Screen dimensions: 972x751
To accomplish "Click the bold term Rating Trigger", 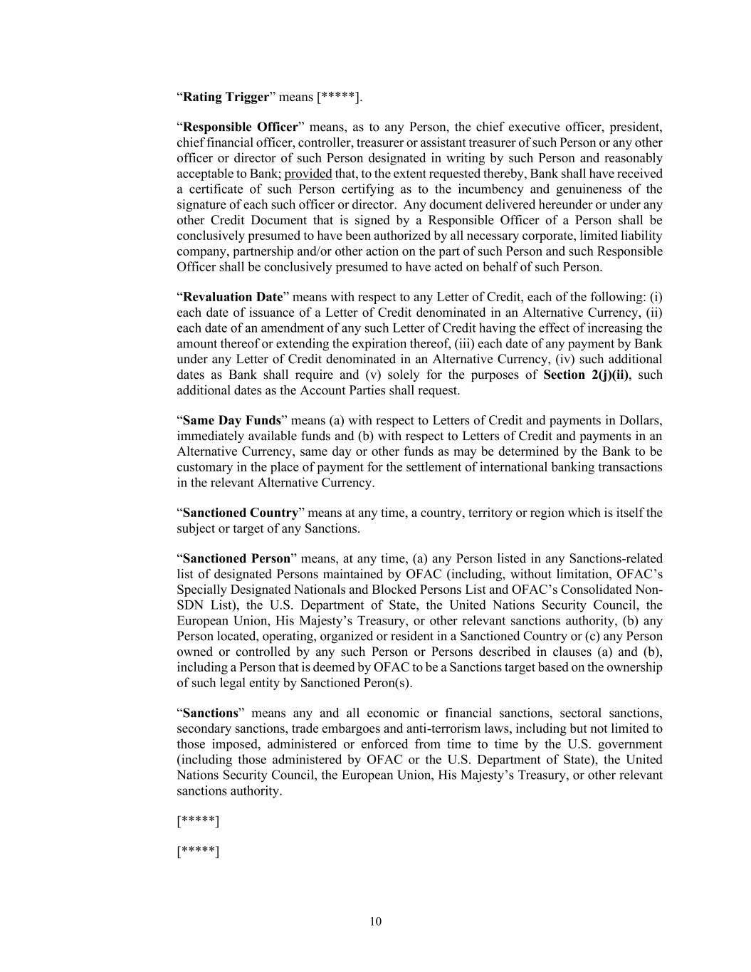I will [226, 97].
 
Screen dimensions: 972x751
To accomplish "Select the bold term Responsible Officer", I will [240, 127].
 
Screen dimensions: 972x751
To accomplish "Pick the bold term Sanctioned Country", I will [240, 513].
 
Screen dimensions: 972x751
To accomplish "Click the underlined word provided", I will [308, 174].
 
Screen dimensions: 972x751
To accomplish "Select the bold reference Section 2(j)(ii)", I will [586, 375].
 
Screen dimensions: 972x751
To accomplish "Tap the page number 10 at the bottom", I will [376, 922].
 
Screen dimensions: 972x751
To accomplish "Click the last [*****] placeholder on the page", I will [198, 852].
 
